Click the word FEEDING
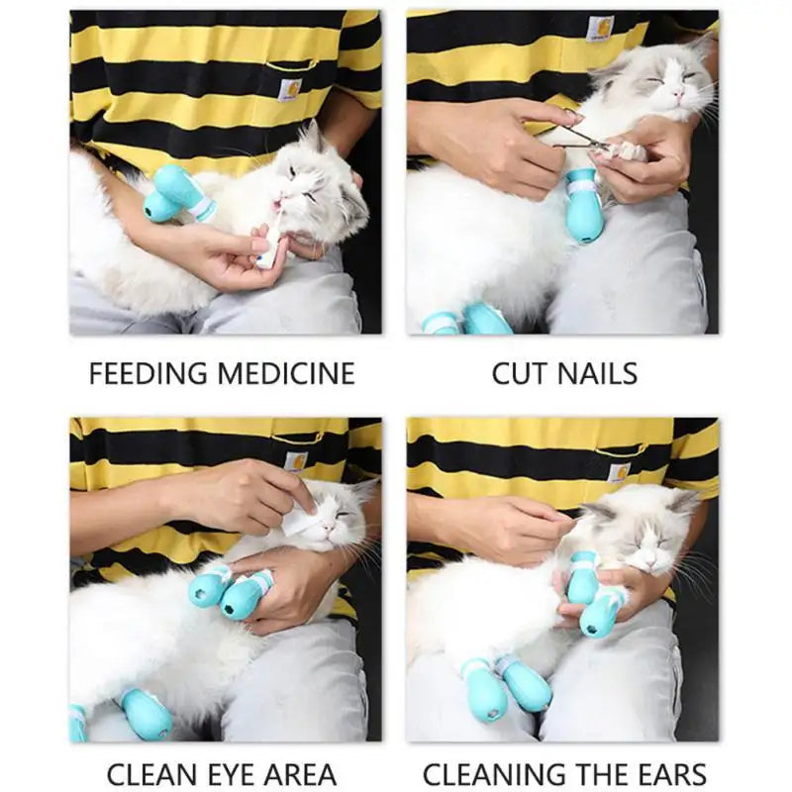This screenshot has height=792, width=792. tap(148, 373)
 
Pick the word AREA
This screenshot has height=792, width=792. tap(300, 774)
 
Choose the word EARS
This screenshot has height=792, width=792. tap(670, 774)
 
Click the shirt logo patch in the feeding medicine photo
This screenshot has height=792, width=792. tap(290, 89)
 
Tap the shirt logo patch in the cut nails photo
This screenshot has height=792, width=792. tap(599, 29)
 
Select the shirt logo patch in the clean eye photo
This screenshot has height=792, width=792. tap(295, 460)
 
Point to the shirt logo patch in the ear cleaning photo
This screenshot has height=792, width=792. tap(619, 472)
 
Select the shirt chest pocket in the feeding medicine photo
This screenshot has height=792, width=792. tap(287, 94)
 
